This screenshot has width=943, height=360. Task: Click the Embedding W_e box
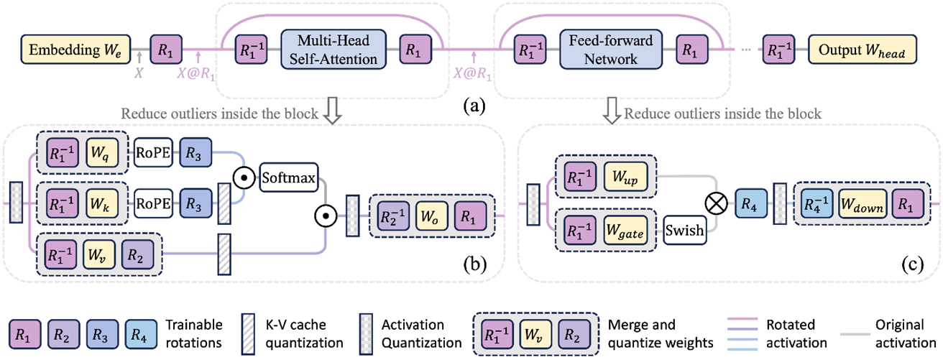pos(75,50)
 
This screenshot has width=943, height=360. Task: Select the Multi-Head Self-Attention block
pos(333,50)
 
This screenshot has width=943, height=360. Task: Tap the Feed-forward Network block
pos(611,50)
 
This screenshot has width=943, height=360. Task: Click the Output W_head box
pos(862,50)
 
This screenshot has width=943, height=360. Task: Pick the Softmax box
pos(288,177)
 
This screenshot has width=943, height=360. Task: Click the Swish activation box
pos(684,231)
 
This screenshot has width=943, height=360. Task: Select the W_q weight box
pos(102,152)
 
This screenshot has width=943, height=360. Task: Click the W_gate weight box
pos(625,231)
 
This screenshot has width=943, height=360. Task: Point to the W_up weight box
pos(625,177)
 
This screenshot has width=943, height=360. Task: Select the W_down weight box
pos(862,204)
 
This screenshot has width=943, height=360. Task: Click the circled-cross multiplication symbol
pos(716,203)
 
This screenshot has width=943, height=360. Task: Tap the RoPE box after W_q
pos(153,152)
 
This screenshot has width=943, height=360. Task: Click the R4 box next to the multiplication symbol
pos(751,204)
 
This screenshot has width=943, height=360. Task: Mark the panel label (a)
pos(474,105)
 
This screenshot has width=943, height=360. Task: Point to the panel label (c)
pos(913,264)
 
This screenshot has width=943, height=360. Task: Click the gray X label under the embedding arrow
pos(139,73)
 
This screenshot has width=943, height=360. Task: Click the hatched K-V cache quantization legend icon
pos(249,334)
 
